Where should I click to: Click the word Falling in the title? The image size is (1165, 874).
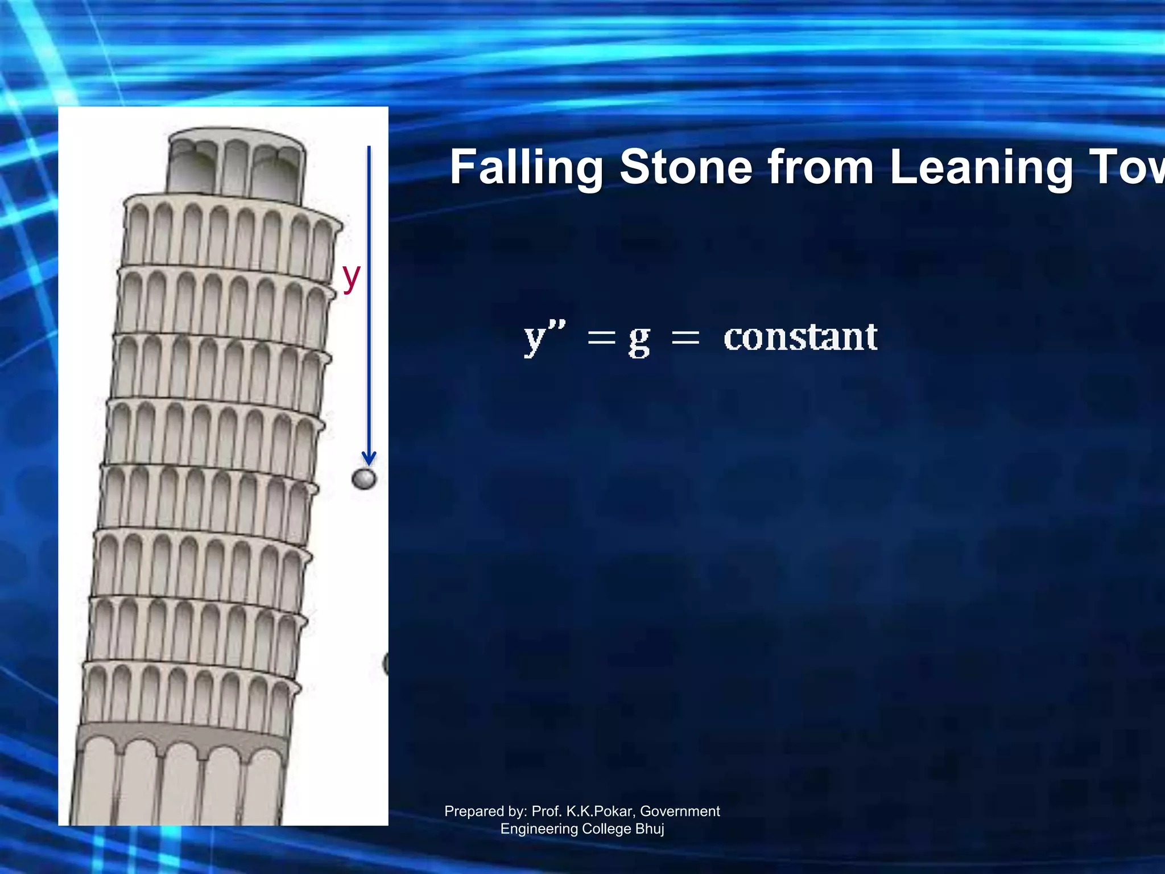[x=526, y=168]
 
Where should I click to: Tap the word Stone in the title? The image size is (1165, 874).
[x=685, y=167]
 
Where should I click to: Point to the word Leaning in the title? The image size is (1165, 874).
[x=981, y=168]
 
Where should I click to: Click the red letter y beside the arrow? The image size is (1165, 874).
[x=351, y=277]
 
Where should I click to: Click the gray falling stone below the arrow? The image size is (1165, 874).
[x=364, y=479]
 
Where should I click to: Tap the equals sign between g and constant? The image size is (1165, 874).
[x=685, y=339]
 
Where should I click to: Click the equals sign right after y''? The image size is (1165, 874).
[x=601, y=339]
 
